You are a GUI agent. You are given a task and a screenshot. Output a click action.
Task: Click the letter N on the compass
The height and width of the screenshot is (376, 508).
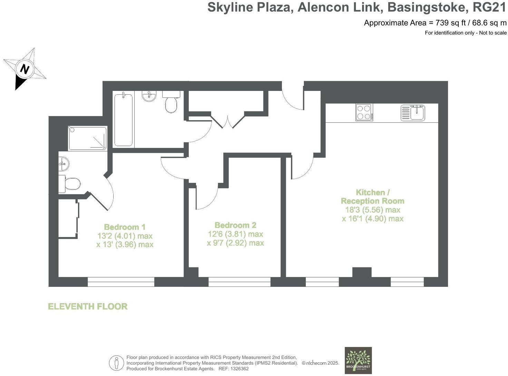pyautogui.click(x=25, y=69)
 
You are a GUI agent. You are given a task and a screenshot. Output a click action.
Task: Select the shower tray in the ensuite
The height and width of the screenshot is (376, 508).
pyautogui.click(x=88, y=138)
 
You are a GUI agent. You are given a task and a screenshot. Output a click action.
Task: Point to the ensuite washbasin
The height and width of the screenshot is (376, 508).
pyautogui.click(x=64, y=163)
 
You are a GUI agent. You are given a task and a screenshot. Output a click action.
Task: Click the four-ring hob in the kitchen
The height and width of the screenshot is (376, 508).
pyautogui.click(x=364, y=112)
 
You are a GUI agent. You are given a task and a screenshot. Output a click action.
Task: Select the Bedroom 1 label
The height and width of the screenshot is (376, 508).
pyautogui.click(x=125, y=227)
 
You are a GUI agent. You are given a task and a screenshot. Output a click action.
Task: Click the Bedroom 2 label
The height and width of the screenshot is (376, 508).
pyautogui.click(x=235, y=225)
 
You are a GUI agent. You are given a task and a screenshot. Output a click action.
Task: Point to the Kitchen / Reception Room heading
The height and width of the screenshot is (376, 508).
pyautogui.click(x=372, y=197)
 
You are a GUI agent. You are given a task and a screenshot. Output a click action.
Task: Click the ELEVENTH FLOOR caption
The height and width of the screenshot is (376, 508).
pyautogui.click(x=88, y=307)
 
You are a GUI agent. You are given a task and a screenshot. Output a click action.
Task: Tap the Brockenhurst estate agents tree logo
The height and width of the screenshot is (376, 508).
pyautogui.click(x=358, y=360)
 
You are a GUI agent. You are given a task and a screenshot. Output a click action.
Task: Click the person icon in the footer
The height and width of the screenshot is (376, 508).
pyautogui.click(x=116, y=363)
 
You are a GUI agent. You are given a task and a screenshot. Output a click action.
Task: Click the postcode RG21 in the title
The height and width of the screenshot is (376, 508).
pyautogui.click(x=490, y=7)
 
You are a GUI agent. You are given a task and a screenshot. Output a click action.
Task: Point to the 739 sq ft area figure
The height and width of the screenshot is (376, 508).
pyautogui.click(x=448, y=23)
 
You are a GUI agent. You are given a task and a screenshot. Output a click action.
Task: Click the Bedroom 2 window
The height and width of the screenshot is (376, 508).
pyautogui.click(x=240, y=282)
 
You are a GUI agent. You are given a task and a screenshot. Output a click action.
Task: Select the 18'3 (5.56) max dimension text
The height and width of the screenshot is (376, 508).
pyautogui.click(x=373, y=210)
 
